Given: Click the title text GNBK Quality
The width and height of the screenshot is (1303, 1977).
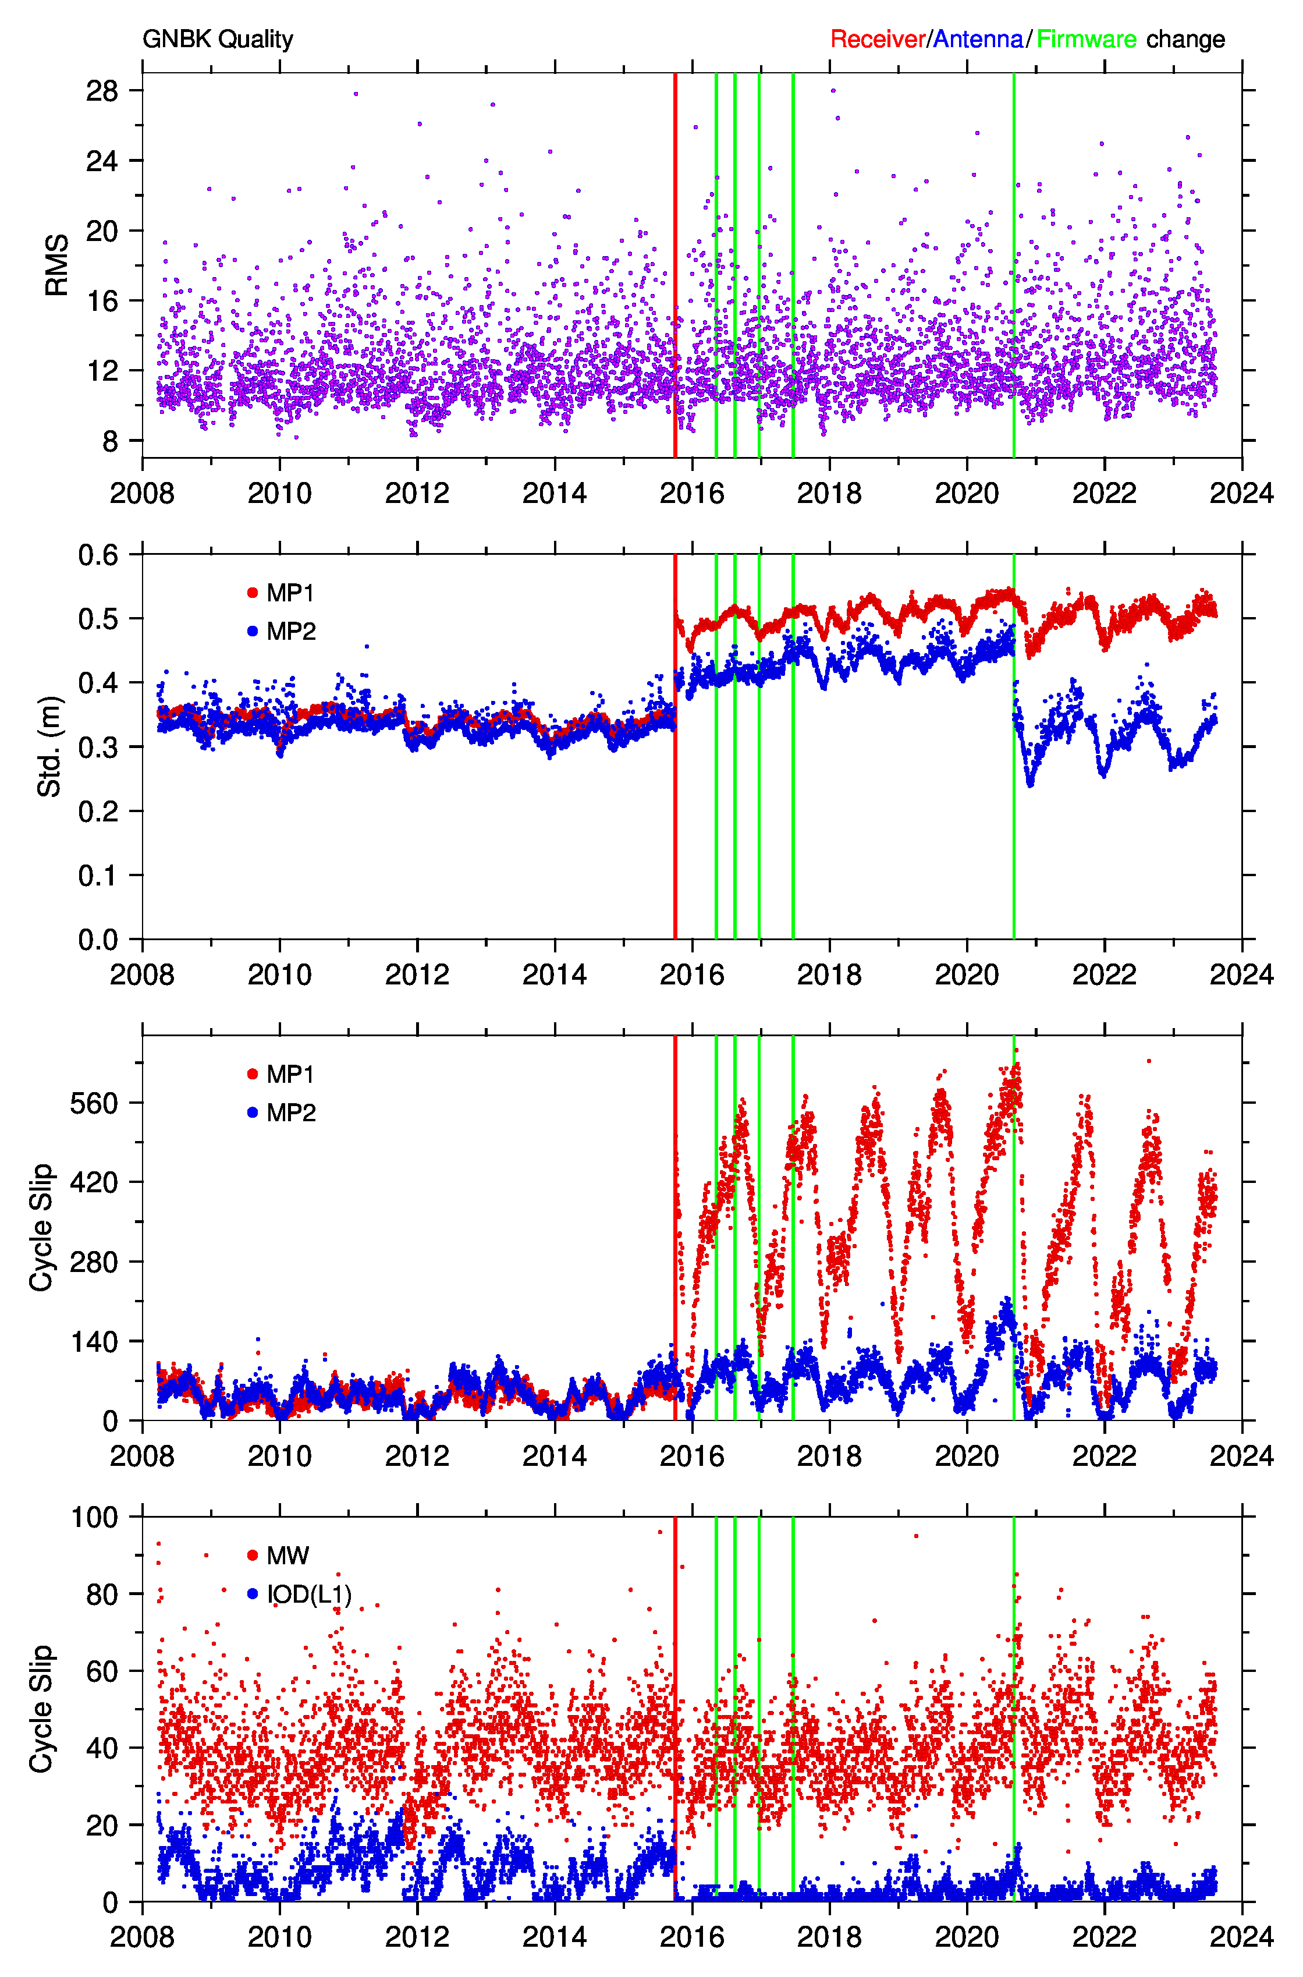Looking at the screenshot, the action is (218, 39).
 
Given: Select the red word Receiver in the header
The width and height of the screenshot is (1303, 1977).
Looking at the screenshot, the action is (878, 39).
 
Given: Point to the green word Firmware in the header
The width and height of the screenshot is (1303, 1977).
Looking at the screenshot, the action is (1086, 39).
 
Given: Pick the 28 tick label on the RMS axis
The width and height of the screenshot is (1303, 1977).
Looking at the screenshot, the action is (102, 91).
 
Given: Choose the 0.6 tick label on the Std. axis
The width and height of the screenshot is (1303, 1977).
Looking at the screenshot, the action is (98, 555).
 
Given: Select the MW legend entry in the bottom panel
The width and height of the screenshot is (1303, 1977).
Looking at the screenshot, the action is (278, 1555).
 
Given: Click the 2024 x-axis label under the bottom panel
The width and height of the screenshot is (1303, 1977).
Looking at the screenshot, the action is (1241, 1937).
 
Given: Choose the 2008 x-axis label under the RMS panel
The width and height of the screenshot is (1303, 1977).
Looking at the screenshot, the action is (142, 493).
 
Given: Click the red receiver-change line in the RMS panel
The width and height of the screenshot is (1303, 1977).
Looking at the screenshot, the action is (674, 265).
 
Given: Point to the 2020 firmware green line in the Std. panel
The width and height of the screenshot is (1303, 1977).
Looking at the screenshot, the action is (1014, 746).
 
